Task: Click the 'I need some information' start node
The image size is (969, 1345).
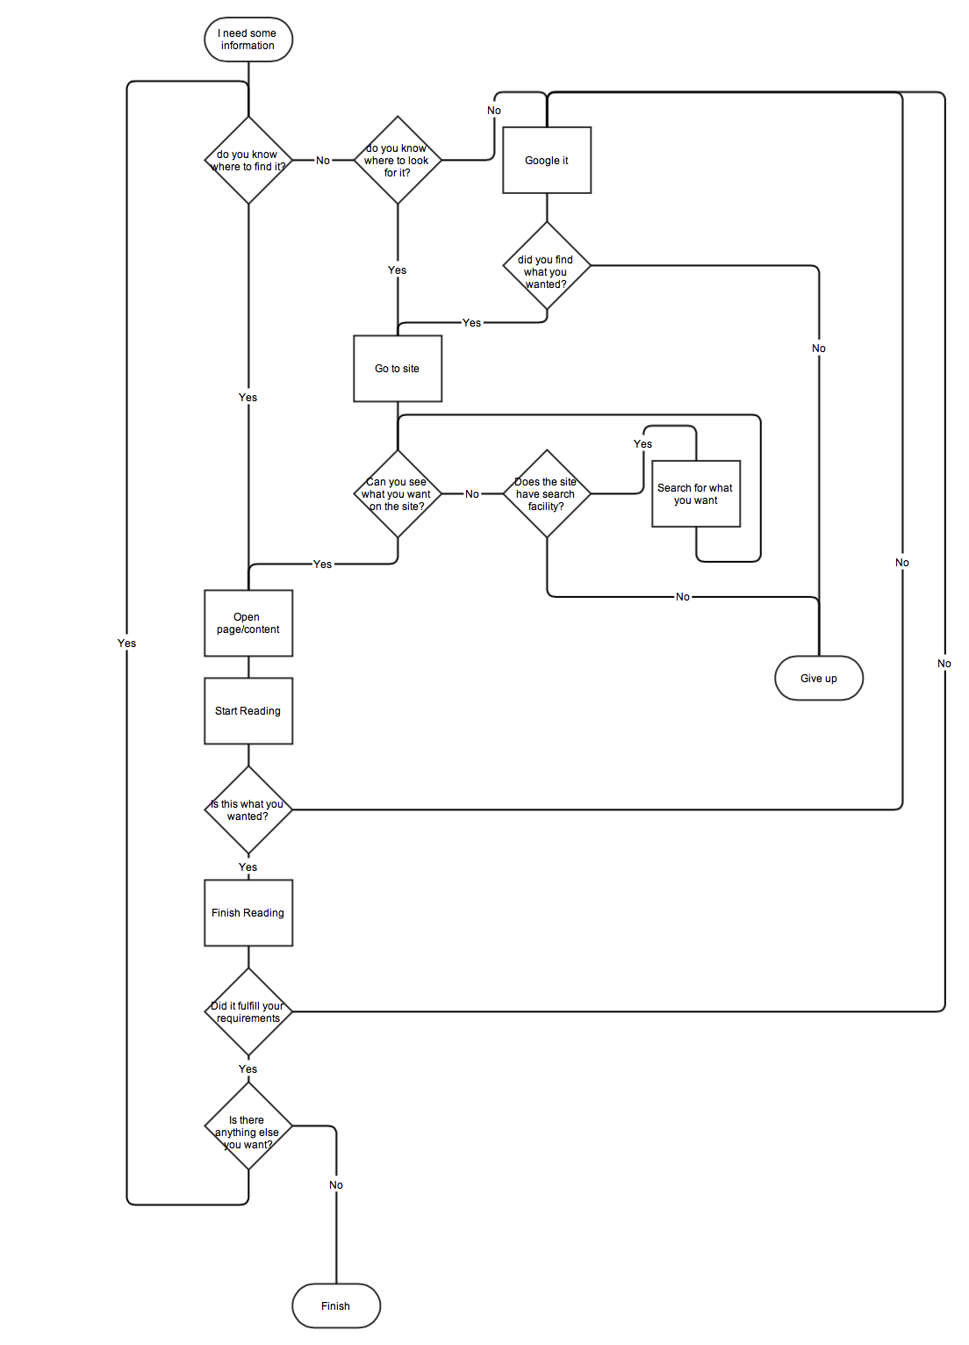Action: click(248, 40)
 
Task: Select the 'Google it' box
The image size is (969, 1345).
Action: click(547, 161)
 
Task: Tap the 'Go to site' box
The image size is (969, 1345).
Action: click(398, 369)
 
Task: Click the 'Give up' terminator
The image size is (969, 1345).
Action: click(819, 679)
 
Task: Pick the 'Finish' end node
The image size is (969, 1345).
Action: click(336, 1306)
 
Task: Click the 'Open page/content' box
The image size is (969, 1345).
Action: click(248, 623)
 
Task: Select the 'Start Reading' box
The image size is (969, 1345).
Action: click(248, 711)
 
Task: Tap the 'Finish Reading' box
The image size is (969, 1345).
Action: click(248, 913)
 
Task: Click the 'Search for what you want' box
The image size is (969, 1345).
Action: click(696, 494)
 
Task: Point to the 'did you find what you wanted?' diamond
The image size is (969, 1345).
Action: click(547, 266)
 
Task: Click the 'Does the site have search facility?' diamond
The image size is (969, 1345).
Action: click(547, 494)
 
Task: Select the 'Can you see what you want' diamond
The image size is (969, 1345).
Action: click(398, 494)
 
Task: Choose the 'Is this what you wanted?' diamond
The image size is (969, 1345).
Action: click(248, 810)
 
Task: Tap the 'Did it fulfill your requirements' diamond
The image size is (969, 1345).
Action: click(248, 1012)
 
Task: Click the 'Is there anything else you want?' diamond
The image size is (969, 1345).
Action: click(248, 1126)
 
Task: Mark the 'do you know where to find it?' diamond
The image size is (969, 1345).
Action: click(248, 161)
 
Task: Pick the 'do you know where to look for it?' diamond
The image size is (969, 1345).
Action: click(398, 161)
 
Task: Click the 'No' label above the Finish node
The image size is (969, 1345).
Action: click(336, 1185)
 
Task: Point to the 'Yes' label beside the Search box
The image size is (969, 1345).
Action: click(643, 444)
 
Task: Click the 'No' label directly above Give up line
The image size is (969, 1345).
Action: click(819, 349)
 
